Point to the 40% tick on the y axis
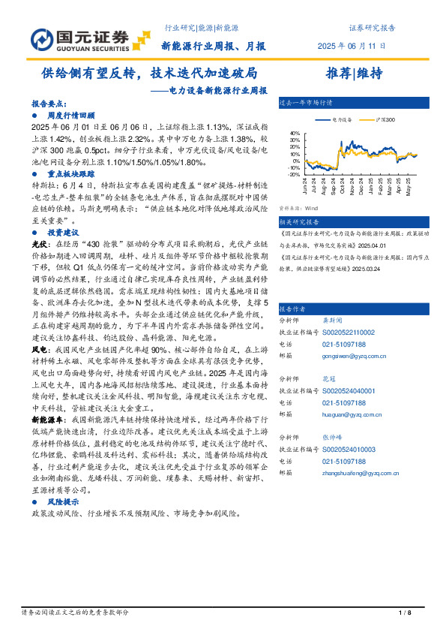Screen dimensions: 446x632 tap(295, 134)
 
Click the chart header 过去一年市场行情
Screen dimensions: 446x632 tap(305, 101)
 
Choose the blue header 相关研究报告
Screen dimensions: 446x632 tap(298, 222)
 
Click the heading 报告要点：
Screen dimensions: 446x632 tap(48, 104)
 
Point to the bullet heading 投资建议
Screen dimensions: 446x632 tap(64, 234)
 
